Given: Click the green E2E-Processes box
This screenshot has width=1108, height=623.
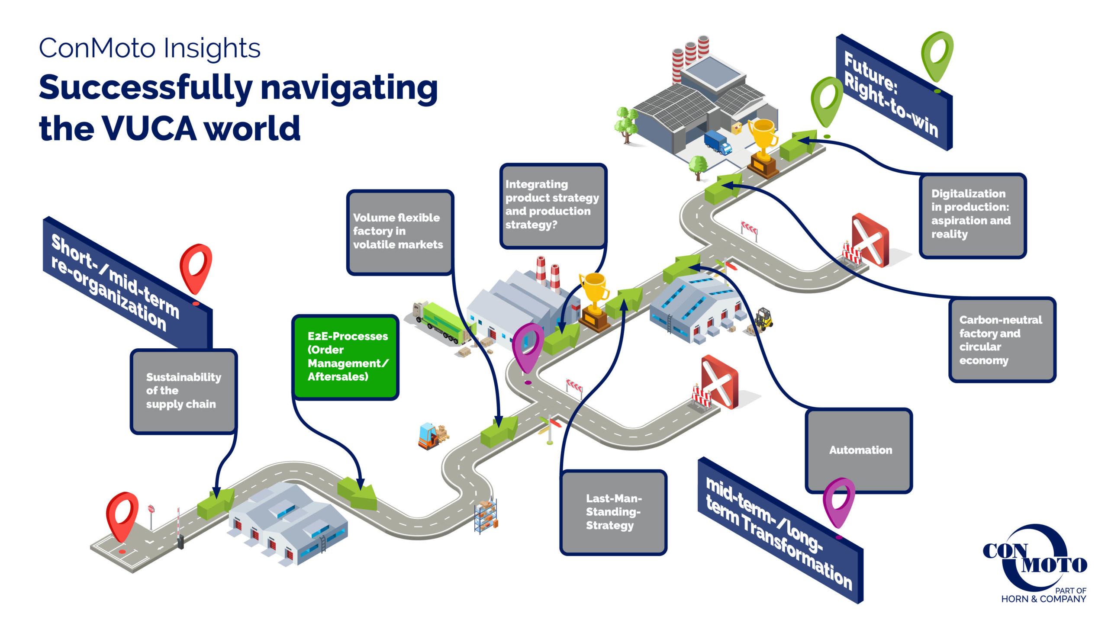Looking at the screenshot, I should click(x=345, y=357).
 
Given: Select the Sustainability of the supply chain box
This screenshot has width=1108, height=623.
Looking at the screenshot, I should click(x=184, y=391).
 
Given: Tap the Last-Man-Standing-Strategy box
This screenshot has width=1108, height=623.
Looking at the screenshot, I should click(x=613, y=512).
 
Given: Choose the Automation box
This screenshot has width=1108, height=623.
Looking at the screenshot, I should click(x=859, y=450).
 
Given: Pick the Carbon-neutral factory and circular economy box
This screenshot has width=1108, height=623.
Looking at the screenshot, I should click(x=1002, y=340).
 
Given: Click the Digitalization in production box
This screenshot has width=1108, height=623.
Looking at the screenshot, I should click(x=972, y=215).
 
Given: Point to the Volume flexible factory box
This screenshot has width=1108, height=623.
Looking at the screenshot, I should click(x=399, y=232).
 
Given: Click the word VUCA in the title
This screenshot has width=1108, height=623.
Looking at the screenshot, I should click(x=149, y=128).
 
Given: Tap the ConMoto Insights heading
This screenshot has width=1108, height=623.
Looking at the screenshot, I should click(x=150, y=48).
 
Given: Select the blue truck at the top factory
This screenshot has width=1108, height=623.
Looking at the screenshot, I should click(x=717, y=142).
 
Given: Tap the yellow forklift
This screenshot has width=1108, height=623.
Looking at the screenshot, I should click(x=763, y=319).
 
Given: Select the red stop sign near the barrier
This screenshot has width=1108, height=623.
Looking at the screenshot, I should click(x=151, y=510).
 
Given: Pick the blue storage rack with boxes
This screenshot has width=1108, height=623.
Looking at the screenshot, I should click(x=486, y=517).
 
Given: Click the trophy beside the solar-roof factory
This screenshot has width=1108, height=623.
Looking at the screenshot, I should click(x=763, y=147).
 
